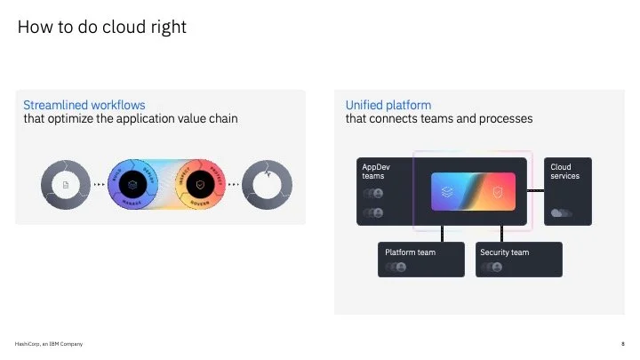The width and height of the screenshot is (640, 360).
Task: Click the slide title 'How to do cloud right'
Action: point(102,28)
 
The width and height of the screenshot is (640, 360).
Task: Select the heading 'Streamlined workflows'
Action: point(84,105)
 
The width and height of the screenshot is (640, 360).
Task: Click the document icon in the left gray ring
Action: point(65,184)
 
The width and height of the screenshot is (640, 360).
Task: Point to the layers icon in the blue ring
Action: point(132,184)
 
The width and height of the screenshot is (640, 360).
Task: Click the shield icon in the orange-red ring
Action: point(201,184)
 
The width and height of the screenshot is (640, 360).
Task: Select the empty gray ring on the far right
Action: point(268,184)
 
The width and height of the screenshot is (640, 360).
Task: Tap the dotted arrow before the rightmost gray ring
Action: point(234,184)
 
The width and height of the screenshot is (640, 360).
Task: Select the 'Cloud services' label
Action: point(565,171)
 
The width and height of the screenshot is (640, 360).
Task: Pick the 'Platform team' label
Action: point(410,252)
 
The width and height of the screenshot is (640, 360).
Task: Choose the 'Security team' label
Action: point(504,252)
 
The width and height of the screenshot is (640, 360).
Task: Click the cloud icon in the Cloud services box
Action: point(561,213)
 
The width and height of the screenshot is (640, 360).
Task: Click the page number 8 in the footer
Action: point(622,344)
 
